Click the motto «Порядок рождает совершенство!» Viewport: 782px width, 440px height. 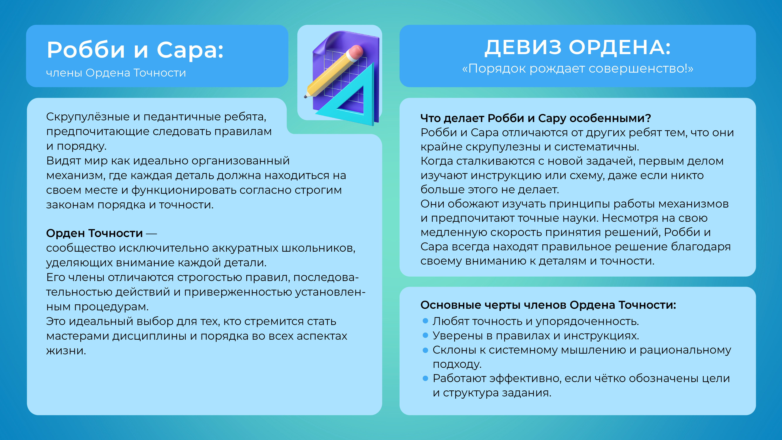[577, 69]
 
